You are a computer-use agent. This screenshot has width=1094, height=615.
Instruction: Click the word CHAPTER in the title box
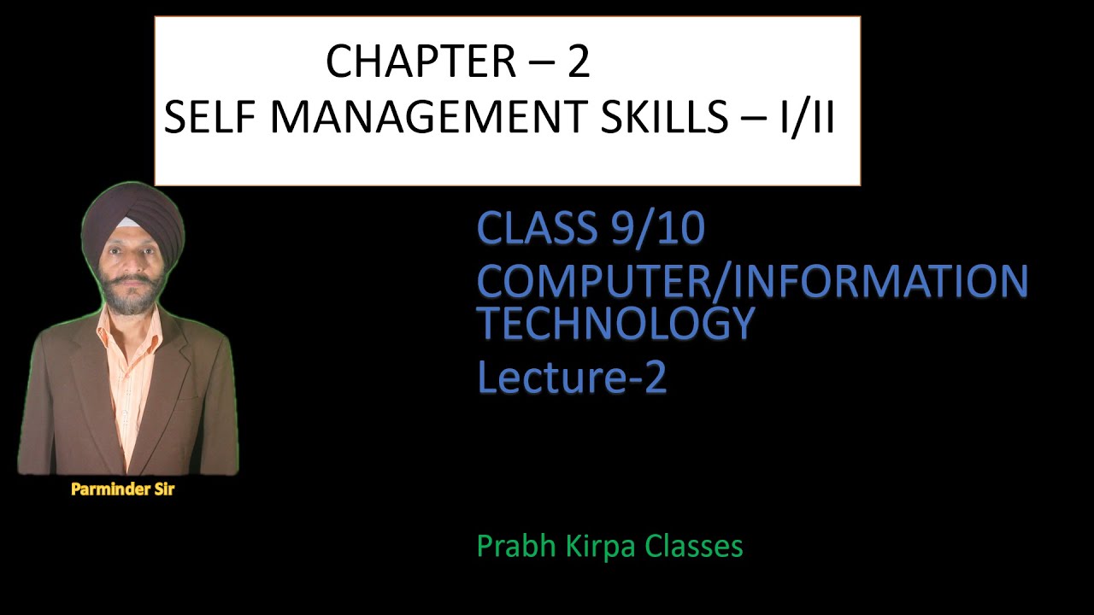416,62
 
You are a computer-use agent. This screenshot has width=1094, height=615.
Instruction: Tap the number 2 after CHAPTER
579,62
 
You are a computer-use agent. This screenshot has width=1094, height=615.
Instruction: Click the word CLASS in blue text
537,229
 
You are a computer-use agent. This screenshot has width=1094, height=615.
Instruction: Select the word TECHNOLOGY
615,323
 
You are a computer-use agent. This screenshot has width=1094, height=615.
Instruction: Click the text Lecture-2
572,377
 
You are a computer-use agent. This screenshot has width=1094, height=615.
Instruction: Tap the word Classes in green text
694,546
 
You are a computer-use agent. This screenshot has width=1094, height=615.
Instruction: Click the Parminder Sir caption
122,490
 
